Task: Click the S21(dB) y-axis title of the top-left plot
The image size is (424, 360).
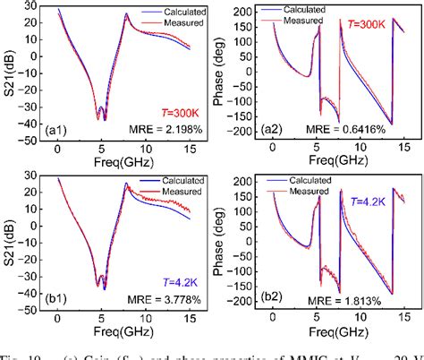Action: [x=10, y=75]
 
